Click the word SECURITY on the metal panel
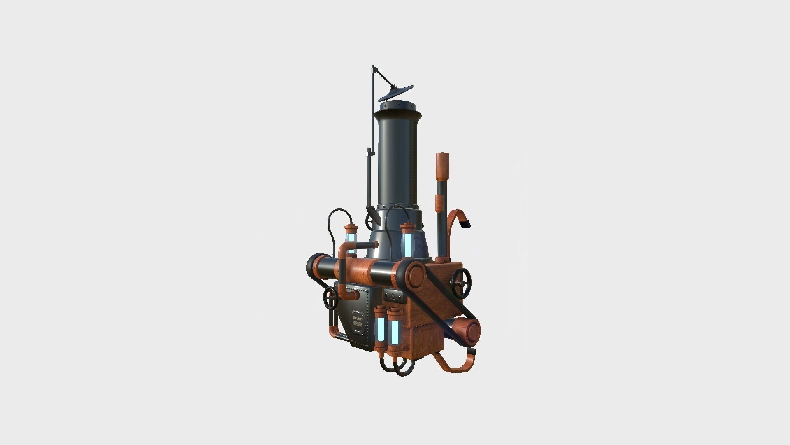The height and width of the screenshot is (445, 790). click(358, 319)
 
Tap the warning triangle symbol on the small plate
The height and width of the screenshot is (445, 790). click(393, 295)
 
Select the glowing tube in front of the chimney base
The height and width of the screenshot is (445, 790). click(407, 243)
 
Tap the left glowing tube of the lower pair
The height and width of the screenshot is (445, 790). click(380, 329)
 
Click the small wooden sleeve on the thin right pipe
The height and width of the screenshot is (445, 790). click(439, 203)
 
